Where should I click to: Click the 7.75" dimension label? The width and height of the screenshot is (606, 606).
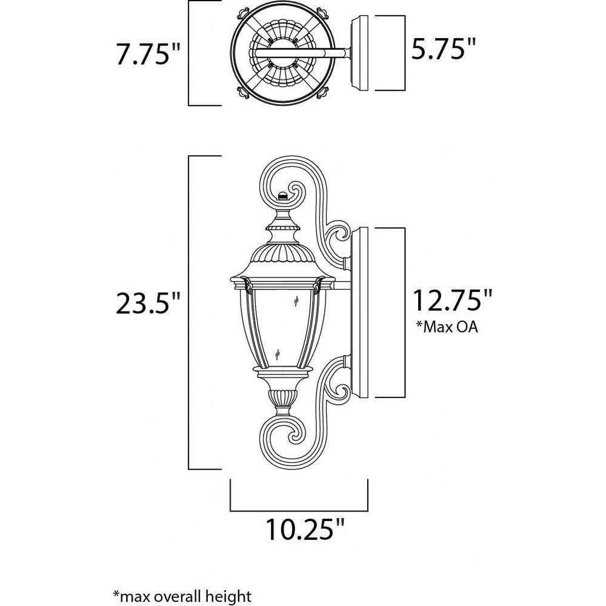pyautogui.click(x=148, y=54)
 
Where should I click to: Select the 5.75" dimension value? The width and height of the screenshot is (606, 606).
pyautogui.click(x=443, y=48)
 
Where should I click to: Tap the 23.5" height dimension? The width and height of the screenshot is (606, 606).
pyautogui.click(x=148, y=302)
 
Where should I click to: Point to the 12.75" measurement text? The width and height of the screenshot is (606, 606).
pyautogui.click(x=453, y=300)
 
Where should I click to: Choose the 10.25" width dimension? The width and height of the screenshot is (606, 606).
pyautogui.click(x=305, y=529)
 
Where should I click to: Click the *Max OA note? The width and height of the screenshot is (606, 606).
pyautogui.click(x=447, y=327)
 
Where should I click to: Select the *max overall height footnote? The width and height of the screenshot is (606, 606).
pyautogui.click(x=182, y=596)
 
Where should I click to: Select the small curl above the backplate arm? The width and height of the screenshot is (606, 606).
pyautogui.click(x=339, y=236)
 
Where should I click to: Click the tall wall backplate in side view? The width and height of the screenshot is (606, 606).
pyautogui.click(x=359, y=312)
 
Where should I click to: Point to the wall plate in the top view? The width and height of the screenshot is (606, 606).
pyautogui.click(x=359, y=53)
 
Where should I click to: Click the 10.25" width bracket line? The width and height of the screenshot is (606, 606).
pyautogui.click(x=299, y=510)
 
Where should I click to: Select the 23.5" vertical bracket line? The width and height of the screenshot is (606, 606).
pyautogui.click(x=188, y=313)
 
